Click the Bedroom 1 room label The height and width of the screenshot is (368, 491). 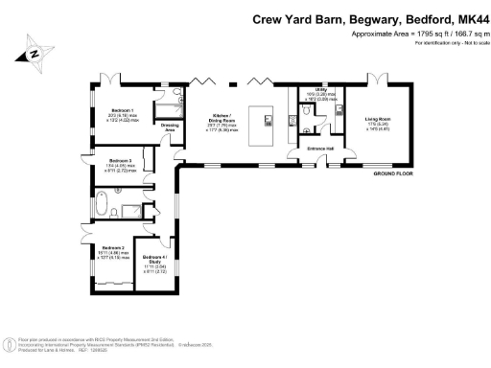[122, 110]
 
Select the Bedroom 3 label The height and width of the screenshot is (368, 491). [119, 160]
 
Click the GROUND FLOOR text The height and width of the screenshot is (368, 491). [392, 172]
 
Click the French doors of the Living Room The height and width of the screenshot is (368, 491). [379, 78]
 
